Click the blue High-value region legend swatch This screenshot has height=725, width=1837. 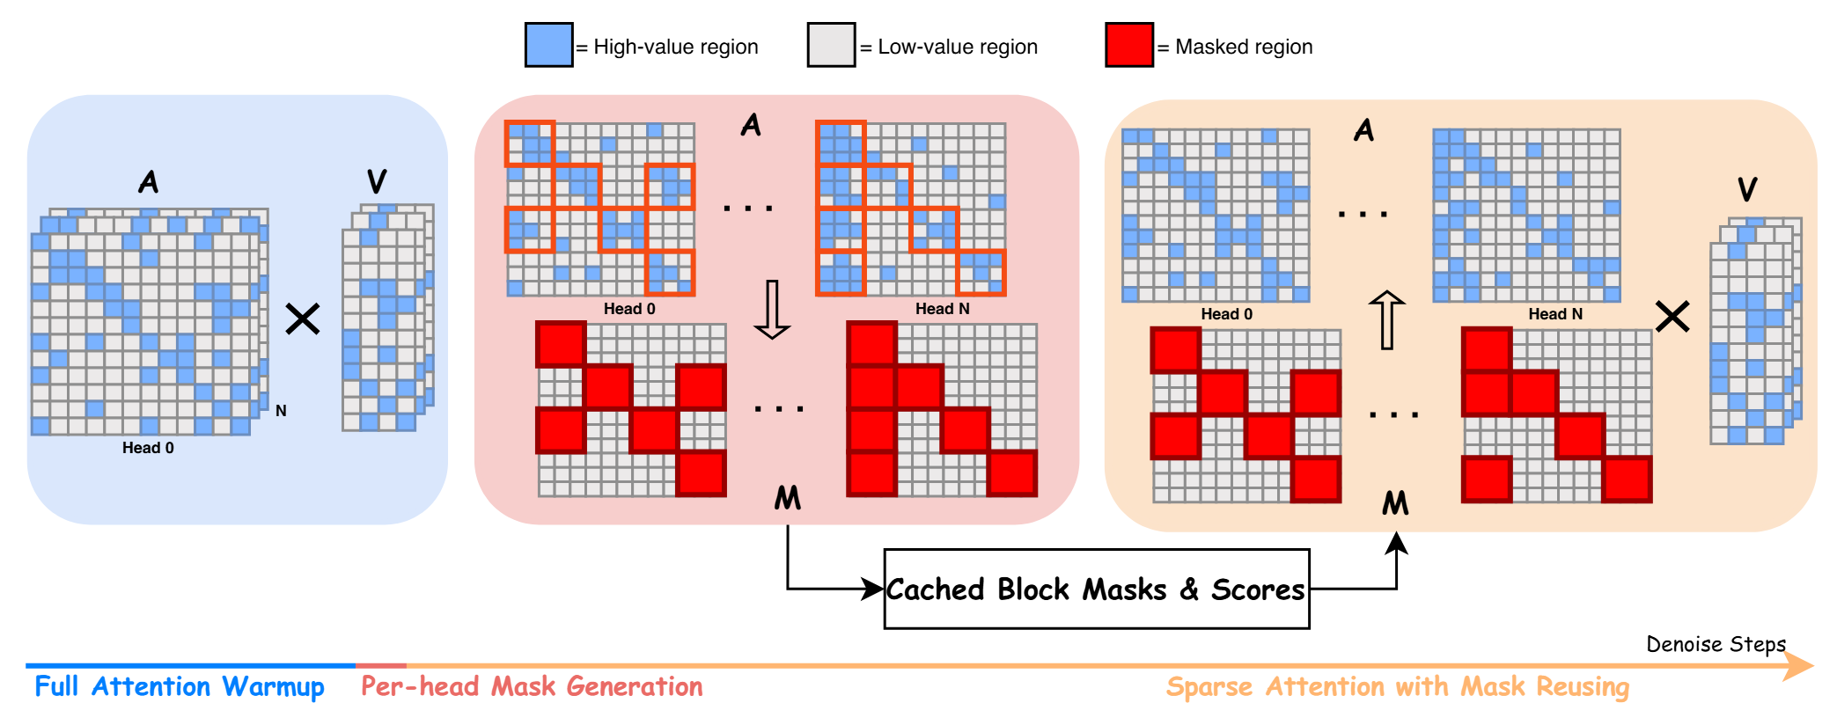(x=548, y=45)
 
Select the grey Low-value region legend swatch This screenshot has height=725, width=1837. (x=831, y=45)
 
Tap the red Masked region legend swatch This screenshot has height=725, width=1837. (x=1129, y=45)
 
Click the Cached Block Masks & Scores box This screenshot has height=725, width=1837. (x=1097, y=589)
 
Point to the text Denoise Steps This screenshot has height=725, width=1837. (x=1716, y=644)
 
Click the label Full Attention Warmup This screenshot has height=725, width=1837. (x=180, y=686)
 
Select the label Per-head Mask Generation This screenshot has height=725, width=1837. (x=532, y=686)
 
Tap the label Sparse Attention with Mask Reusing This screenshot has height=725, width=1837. (x=1398, y=686)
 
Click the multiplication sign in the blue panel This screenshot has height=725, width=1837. (x=303, y=319)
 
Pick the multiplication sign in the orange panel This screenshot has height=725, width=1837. (x=1672, y=316)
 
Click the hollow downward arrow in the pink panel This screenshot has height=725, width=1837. (x=772, y=310)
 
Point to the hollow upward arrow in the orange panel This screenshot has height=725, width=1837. (x=1386, y=320)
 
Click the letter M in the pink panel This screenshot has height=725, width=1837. (x=788, y=498)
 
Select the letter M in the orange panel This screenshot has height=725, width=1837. (x=1395, y=503)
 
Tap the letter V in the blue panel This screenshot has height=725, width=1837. (x=377, y=181)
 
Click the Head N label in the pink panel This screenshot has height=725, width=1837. (x=942, y=309)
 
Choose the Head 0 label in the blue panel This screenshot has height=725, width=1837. (x=148, y=448)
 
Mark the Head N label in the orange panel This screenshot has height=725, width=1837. (x=1555, y=314)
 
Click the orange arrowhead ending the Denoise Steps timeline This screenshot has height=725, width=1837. (x=1799, y=666)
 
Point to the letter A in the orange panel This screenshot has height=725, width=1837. (x=1363, y=131)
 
